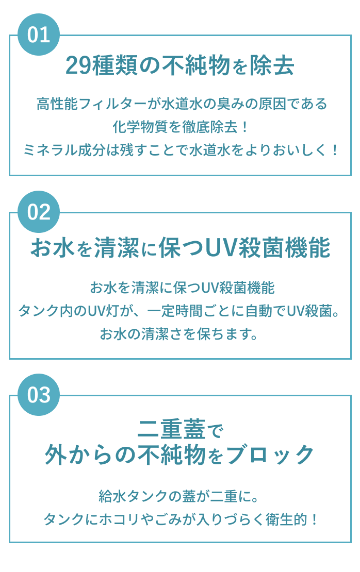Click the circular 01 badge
pos(39,35)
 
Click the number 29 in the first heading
pos(79,66)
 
